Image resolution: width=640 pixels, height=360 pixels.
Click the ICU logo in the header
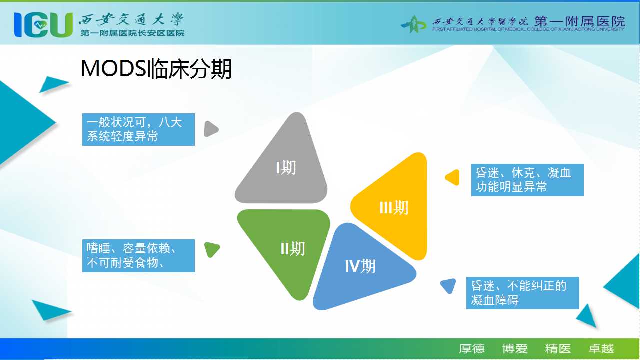coord(43,25)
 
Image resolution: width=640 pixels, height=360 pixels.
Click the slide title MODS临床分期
coord(156,69)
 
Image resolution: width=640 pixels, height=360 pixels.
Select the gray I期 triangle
coord(281,158)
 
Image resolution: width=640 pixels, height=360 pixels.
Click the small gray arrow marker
coord(211,129)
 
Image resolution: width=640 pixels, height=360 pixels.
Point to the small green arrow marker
coord(212,249)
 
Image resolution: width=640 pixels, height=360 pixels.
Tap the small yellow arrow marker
coord(453,177)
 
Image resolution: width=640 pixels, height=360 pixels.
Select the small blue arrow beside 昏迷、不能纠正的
coord(448,286)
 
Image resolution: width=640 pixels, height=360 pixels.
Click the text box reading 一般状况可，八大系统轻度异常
coord(138,129)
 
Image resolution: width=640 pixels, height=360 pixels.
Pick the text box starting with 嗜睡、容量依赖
coord(138,256)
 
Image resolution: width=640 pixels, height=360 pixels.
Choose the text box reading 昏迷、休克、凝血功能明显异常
coord(527,180)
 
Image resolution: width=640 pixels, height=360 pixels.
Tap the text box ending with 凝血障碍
coord(523,293)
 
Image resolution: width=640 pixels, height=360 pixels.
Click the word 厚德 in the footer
coord(471,349)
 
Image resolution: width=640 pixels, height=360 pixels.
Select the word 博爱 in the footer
coord(515,349)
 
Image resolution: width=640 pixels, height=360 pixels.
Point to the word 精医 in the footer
coord(558,349)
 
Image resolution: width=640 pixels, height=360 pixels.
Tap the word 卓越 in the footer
coord(601,349)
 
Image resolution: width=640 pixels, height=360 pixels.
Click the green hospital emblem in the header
coord(414,24)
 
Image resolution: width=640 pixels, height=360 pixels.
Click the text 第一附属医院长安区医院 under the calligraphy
coord(132,33)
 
